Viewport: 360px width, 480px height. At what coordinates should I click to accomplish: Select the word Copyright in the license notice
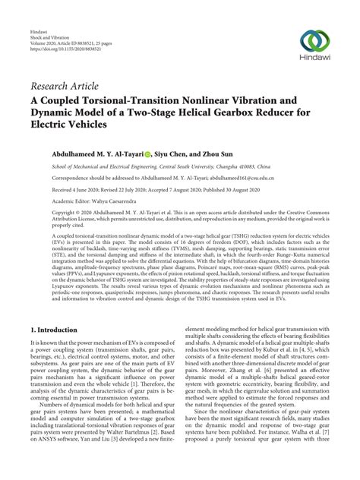45,213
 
